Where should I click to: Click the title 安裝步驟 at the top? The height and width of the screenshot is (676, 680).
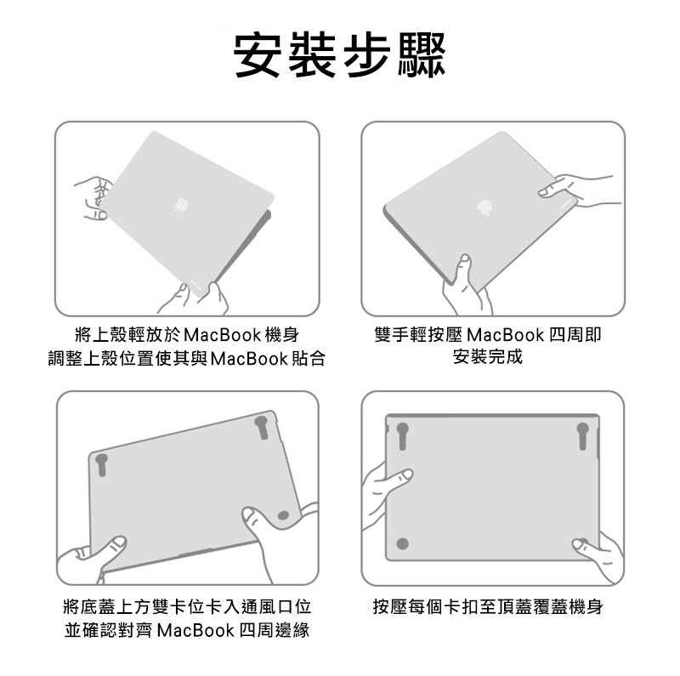click(x=339, y=55)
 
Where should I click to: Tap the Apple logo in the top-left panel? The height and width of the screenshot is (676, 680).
click(x=181, y=204)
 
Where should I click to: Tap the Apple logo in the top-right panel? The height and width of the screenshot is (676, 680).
click(x=484, y=207)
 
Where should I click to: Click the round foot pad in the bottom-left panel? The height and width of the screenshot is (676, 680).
click(x=283, y=515)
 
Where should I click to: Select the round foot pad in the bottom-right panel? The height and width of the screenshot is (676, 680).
click(x=402, y=543)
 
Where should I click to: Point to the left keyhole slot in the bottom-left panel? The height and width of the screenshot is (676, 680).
click(x=102, y=464)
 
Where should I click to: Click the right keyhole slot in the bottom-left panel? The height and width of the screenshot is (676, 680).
click(x=262, y=428)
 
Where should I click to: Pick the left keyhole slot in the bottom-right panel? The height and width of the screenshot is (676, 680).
click(x=402, y=435)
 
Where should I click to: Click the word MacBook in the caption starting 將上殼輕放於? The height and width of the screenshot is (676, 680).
click(x=223, y=335)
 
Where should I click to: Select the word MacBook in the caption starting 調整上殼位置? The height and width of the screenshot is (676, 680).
click(x=249, y=359)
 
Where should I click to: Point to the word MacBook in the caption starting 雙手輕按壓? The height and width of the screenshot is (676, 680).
click(x=506, y=335)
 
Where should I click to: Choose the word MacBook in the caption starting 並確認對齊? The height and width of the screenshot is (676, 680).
click(x=195, y=630)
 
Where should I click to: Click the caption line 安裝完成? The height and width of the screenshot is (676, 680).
click(x=488, y=356)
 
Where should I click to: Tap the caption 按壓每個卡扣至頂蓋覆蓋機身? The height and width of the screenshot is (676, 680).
click(x=488, y=606)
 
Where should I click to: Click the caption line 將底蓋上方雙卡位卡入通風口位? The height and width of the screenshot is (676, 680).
click(x=187, y=606)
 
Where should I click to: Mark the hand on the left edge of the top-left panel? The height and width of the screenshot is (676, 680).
click(x=92, y=198)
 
